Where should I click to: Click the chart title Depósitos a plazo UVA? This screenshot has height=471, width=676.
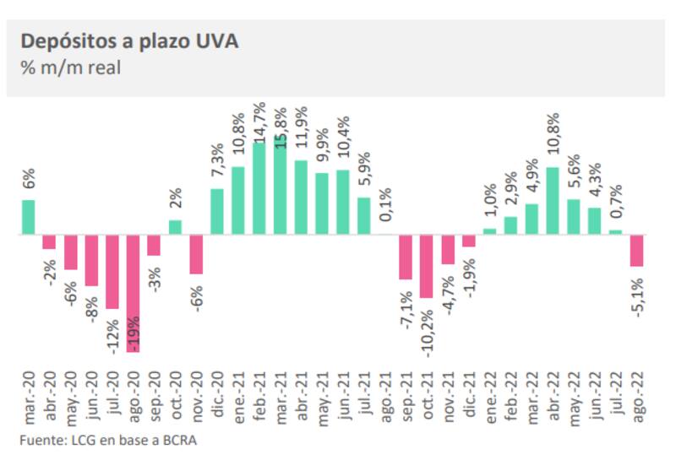coord(129,41)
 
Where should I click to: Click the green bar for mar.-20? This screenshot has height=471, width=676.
coord(28,217)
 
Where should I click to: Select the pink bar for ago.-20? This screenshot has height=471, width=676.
coord(134,292)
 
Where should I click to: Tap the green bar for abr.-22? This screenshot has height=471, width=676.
coord(553,200)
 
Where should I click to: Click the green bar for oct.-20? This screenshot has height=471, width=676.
coord(176,227)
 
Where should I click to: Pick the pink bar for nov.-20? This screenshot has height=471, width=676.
coord(196,254)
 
